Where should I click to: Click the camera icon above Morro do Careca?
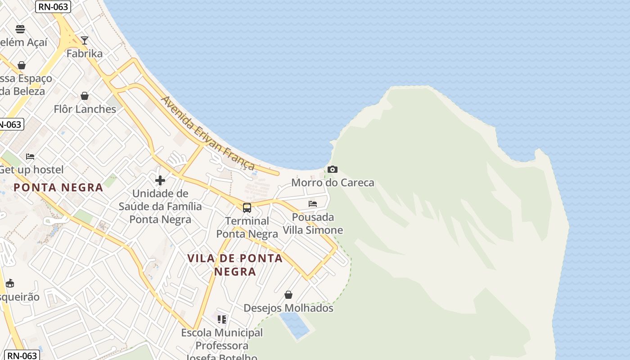[333, 170]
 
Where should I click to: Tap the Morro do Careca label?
[333, 183]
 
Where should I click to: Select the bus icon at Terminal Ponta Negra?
[247, 207]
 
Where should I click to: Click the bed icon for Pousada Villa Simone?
[313, 204]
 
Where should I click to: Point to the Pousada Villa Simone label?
[313, 224]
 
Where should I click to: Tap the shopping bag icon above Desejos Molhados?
[288, 295]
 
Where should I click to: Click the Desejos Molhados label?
[288, 308]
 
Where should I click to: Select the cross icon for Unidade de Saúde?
[160, 181]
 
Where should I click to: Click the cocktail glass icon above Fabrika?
[84, 40]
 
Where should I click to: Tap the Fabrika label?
[85, 54]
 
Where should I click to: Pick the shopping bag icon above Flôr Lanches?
[85, 96]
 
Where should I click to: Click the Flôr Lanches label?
[85, 109]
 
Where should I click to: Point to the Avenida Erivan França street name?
[208, 133]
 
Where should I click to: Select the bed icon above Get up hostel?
[30, 157]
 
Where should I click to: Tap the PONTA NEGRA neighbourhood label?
[58, 188]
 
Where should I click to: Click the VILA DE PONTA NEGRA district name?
[235, 265]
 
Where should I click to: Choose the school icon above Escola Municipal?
[222, 319]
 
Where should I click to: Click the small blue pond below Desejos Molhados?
[294, 325]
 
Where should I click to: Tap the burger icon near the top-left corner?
[20, 29]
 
